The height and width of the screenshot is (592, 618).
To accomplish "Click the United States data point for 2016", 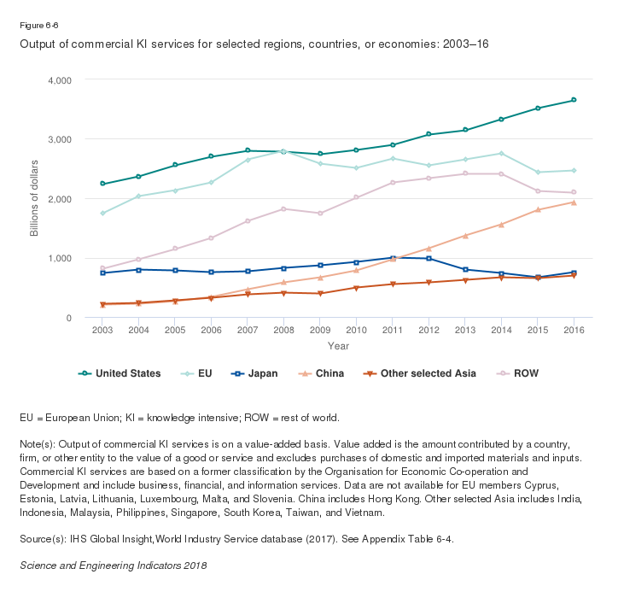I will click(x=574, y=100).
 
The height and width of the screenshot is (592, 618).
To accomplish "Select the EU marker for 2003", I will click(x=102, y=214).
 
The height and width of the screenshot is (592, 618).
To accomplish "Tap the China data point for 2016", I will click(x=574, y=202).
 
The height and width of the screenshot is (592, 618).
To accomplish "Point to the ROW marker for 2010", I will click(x=356, y=197).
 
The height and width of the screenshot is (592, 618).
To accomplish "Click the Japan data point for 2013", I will click(x=465, y=269).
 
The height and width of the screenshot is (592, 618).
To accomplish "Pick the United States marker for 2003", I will click(x=102, y=184).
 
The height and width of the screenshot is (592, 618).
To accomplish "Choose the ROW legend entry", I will click(x=520, y=373).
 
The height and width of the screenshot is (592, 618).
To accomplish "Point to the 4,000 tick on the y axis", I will click(x=58, y=79).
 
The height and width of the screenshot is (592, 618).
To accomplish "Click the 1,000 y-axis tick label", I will click(x=58, y=258).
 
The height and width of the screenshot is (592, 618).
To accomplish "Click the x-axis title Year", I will click(x=338, y=346).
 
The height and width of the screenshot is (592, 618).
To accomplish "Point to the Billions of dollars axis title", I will click(x=35, y=198).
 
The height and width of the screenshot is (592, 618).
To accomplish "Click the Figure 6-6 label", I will click(x=39, y=26).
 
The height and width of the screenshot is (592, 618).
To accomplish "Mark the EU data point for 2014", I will click(x=501, y=154).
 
